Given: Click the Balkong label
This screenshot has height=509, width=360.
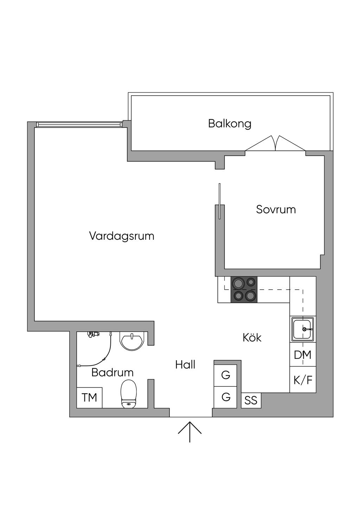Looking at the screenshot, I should tap(230, 124).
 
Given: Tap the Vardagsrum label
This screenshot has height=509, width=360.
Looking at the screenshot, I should tap(122, 236).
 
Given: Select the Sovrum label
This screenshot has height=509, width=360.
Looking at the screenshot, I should tap(276, 210).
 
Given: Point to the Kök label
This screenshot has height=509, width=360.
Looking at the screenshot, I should tap(252, 337).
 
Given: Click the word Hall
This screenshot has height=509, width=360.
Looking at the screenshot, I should tap(185, 365).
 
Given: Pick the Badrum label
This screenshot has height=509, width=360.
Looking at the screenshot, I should tap(112, 372).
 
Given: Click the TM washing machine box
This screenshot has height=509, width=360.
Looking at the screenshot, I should tap(89, 398).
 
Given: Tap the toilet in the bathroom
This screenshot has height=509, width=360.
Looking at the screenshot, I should tap(128, 394).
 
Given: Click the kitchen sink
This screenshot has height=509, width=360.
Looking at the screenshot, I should tap(303, 329).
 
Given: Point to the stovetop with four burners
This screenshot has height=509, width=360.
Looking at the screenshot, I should tap(244, 289).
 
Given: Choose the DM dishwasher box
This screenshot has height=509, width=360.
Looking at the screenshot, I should tap(303, 355).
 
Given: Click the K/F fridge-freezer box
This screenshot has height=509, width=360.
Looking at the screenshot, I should tap(303, 380).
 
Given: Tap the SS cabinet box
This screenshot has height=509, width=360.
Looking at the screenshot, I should tap(251, 400).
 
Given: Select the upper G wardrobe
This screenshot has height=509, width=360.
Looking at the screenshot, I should tap(226, 375).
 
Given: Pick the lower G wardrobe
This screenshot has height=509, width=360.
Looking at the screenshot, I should tap(226, 397).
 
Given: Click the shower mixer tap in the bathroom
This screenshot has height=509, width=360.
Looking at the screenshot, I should tap(94, 334).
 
